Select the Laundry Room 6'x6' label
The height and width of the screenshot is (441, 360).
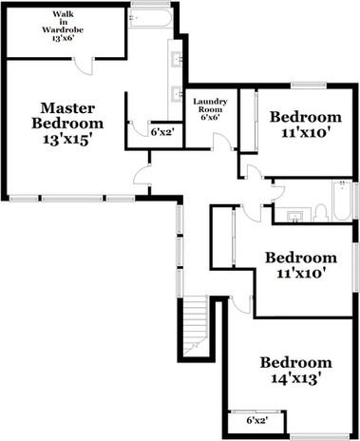[x=209, y=108]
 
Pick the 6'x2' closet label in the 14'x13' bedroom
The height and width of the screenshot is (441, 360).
[x=256, y=419]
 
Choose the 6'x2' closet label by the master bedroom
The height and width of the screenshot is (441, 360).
[x=162, y=132]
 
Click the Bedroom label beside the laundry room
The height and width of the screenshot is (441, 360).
[x=304, y=118]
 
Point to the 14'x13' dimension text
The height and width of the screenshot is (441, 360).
[x=296, y=379]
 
